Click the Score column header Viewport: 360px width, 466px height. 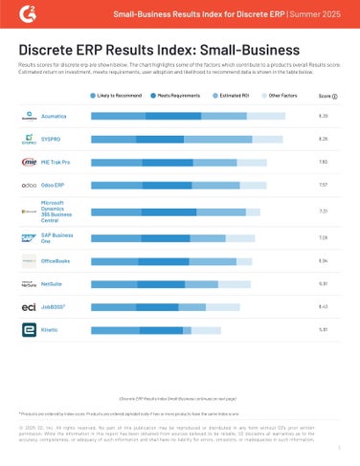click(x=326, y=97)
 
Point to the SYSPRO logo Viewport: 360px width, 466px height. click(x=29, y=139)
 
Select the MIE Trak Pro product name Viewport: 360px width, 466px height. click(x=58, y=163)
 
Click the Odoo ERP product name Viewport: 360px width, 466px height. click(x=54, y=185)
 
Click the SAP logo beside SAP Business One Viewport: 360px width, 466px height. click(x=29, y=235)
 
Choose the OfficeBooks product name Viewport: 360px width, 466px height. click(x=56, y=260)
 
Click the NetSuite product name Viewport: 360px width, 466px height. click(x=53, y=284)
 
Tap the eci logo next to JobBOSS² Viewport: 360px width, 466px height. click(x=29, y=307)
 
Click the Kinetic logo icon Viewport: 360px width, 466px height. click(x=29, y=330)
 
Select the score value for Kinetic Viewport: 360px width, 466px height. click(x=323, y=330)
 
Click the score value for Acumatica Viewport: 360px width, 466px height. click(x=323, y=115)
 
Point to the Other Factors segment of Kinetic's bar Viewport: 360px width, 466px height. click(x=206, y=330)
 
